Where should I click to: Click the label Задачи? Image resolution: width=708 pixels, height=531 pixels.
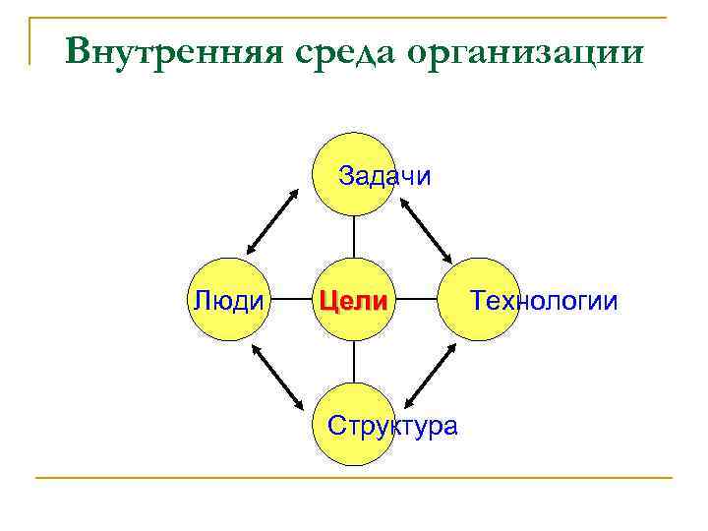coord(384,176)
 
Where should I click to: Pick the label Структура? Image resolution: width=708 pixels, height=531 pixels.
coord(392,426)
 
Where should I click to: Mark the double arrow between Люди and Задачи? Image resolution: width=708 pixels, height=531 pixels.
coord(270,220)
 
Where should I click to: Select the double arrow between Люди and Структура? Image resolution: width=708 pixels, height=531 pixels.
coord(278,377)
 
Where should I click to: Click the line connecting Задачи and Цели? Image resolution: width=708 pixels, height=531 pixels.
coord(353,236)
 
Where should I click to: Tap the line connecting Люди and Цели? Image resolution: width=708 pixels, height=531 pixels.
coord(291,299)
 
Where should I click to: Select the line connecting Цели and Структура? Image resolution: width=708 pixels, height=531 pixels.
coord(353,362)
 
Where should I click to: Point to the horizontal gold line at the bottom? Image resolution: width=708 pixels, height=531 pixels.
coord(354,479)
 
